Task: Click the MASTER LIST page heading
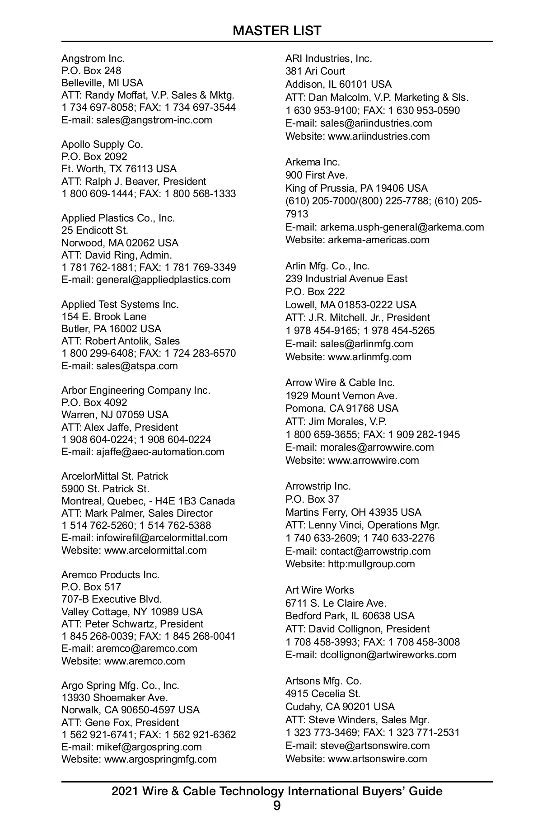coord(277,31)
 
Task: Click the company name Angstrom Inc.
coord(93,58)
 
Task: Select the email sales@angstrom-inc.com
coord(154,120)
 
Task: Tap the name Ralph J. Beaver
coord(122,181)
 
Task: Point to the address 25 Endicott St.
coord(95,230)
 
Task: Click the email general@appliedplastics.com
coord(163,279)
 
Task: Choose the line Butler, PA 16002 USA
coord(111,329)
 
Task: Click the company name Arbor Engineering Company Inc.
coord(136,390)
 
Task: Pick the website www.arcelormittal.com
coord(155,550)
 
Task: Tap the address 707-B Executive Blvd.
coord(112,599)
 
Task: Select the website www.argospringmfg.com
coord(160,759)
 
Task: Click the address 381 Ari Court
coord(315,71)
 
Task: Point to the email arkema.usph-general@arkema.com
coord(402,227)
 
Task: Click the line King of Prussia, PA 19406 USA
coord(356,188)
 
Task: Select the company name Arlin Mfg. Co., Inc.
coord(327,266)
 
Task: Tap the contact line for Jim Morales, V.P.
coord(336,421)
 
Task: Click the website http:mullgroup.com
coord(371,564)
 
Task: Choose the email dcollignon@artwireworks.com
coord(388,655)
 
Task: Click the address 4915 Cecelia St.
coord(323,693)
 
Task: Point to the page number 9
coord(277,806)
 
